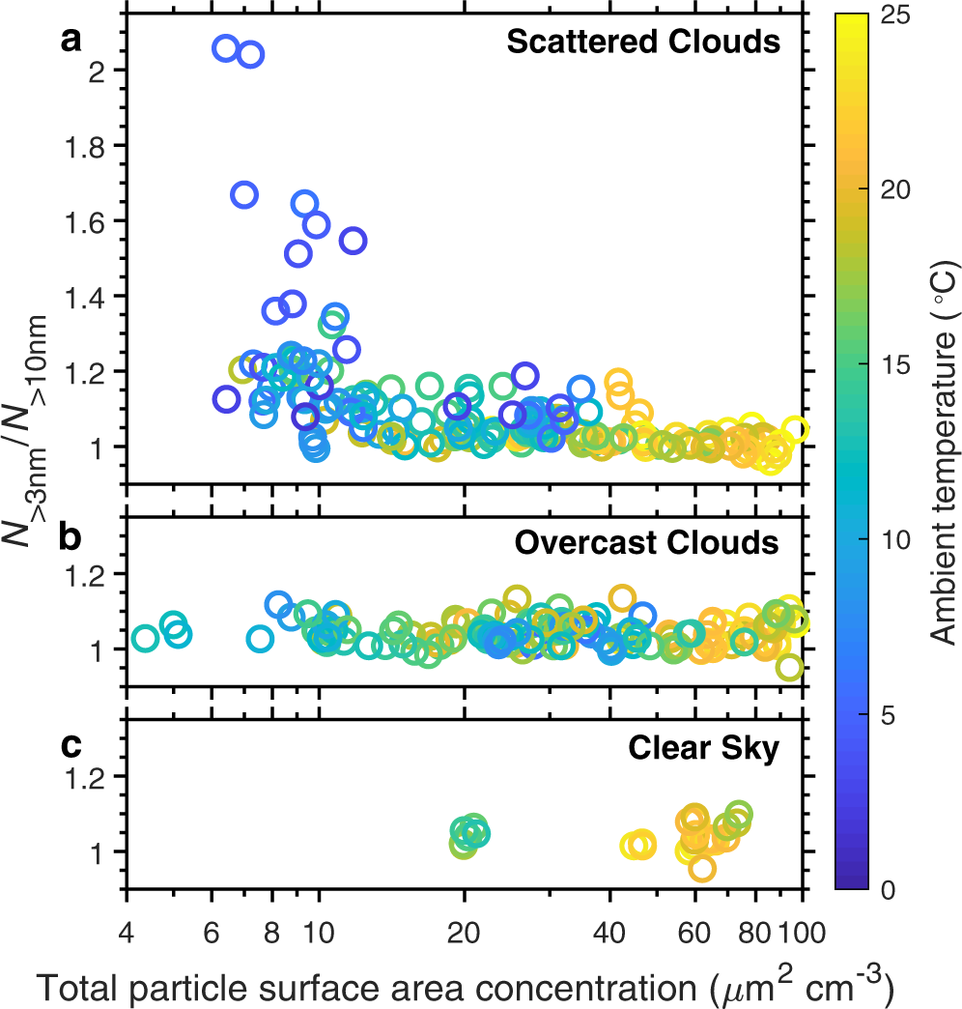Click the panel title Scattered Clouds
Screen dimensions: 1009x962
pyautogui.click(x=642, y=43)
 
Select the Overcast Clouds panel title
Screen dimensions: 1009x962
pyautogui.click(x=646, y=543)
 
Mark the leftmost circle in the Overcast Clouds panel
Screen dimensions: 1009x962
pyautogui.click(x=145, y=638)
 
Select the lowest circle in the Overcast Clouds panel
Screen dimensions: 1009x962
pyautogui.click(x=789, y=667)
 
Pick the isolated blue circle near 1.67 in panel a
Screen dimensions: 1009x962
pyautogui.click(x=244, y=195)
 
